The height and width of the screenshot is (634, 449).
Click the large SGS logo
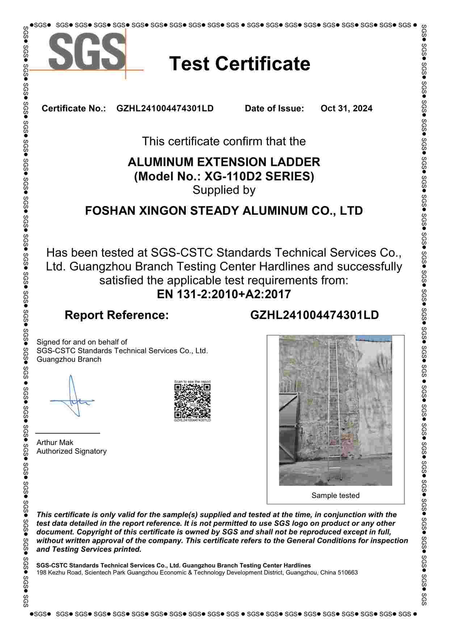pos(87,52)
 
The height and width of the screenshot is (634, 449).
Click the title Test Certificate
pos(240,64)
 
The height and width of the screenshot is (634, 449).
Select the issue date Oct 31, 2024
pos(346,108)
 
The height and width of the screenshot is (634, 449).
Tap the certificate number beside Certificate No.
pos(165,108)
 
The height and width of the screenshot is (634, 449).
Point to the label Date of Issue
pos(274,108)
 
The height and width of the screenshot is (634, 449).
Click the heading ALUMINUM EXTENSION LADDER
pos(224,162)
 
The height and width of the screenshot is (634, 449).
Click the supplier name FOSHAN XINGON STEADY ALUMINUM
pos(224,211)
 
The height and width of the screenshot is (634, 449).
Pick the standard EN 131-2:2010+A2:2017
pos(224,294)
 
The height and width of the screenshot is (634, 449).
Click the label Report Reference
pos(117,315)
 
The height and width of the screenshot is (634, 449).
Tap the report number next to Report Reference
pos(314,315)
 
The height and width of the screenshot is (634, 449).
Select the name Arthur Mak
pos(55,442)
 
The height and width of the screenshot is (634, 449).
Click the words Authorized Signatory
pos(71,451)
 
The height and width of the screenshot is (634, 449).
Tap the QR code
pos(192,401)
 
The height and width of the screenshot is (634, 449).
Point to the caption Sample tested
pos(335,496)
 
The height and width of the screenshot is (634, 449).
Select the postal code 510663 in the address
pos(348,573)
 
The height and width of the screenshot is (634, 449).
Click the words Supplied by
pos(224,190)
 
